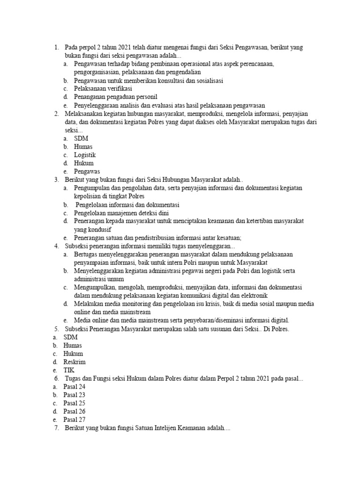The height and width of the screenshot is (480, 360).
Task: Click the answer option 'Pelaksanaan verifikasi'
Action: coord(103,89)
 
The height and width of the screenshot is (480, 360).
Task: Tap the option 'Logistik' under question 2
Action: coord(85,155)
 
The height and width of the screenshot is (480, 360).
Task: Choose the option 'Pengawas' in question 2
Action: coord(87,171)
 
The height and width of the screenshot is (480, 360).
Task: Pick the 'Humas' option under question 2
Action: coord(83,147)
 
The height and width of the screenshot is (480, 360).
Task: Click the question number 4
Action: coord(56,246)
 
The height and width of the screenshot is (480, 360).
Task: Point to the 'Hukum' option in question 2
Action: coord(83,163)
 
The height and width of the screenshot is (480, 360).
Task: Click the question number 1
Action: coord(56,47)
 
